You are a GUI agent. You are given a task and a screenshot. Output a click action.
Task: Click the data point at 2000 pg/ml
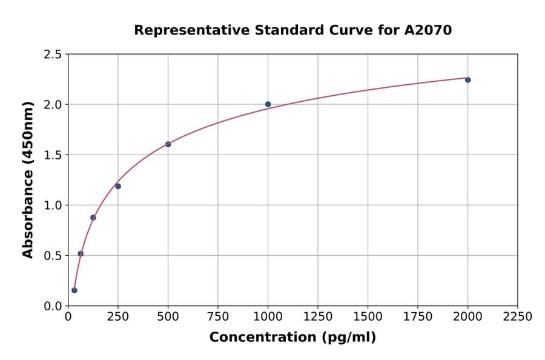click(467, 80)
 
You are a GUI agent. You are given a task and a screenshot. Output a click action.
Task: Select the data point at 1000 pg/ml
click(268, 104)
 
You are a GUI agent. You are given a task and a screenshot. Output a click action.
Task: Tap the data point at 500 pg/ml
click(168, 144)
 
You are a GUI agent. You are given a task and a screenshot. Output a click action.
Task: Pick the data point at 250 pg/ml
click(118, 186)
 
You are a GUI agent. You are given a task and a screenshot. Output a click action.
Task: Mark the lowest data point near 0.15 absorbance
click(74, 290)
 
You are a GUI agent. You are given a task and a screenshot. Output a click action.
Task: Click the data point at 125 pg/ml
click(93, 218)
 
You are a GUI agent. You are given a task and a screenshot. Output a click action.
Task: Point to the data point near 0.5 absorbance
click(81, 254)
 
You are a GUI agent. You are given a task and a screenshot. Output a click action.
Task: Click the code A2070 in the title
click(428, 30)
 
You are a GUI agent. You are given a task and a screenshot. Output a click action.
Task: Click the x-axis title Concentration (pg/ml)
click(292, 338)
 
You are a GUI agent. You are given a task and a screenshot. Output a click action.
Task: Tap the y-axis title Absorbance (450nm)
click(28, 180)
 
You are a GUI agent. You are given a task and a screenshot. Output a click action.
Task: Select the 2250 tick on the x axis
click(517, 317)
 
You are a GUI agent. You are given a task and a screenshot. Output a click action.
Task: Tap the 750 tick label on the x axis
click(218, 317)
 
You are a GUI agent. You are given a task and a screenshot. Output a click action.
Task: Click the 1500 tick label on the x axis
click(368, 317)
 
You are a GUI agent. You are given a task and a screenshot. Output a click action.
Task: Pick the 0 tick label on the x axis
click(68, 317)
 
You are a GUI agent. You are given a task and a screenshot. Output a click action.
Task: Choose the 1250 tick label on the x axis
click(317, 317)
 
